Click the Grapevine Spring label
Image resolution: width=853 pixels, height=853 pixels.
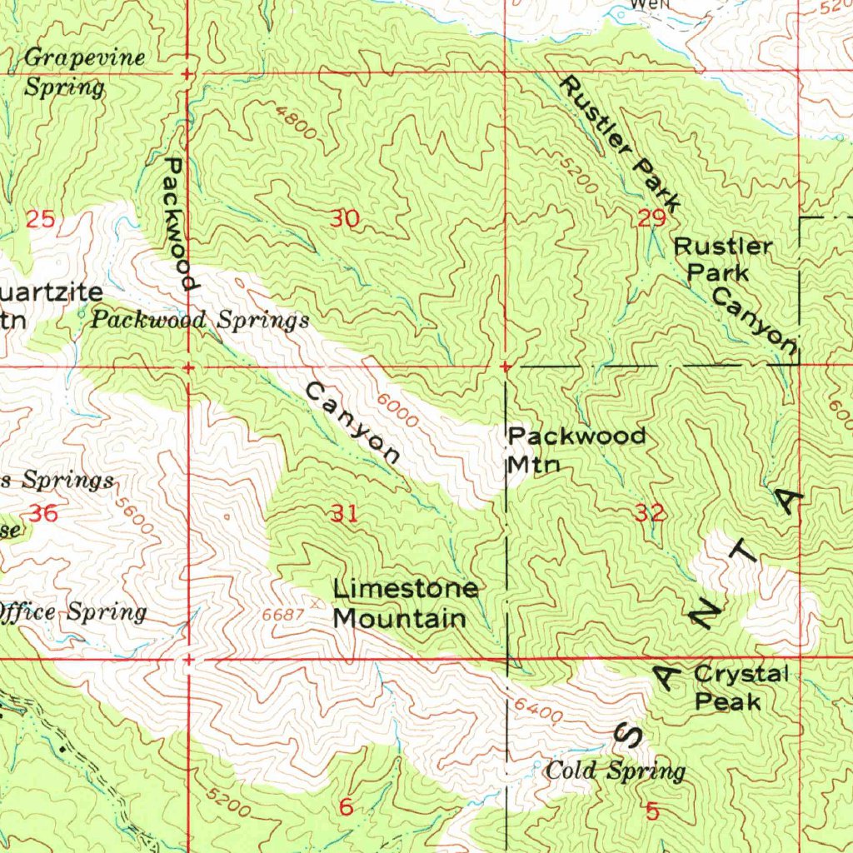click(83, 72)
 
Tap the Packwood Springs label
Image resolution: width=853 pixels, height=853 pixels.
click(200, 320)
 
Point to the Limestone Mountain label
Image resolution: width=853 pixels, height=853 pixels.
click(406, 604)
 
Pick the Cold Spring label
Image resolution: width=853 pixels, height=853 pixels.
click(616, 771)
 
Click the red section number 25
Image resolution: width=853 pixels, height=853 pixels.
click(39, 220)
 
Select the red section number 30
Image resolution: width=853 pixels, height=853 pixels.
click(345, 219)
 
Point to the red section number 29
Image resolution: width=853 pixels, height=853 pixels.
click(651, 219)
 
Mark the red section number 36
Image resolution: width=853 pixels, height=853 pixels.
click(42, 513)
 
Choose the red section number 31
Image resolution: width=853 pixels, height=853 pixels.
click(345, 513)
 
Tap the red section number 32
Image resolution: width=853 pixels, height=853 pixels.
click(650, 513)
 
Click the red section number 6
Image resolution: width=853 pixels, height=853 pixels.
click(346, 806)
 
